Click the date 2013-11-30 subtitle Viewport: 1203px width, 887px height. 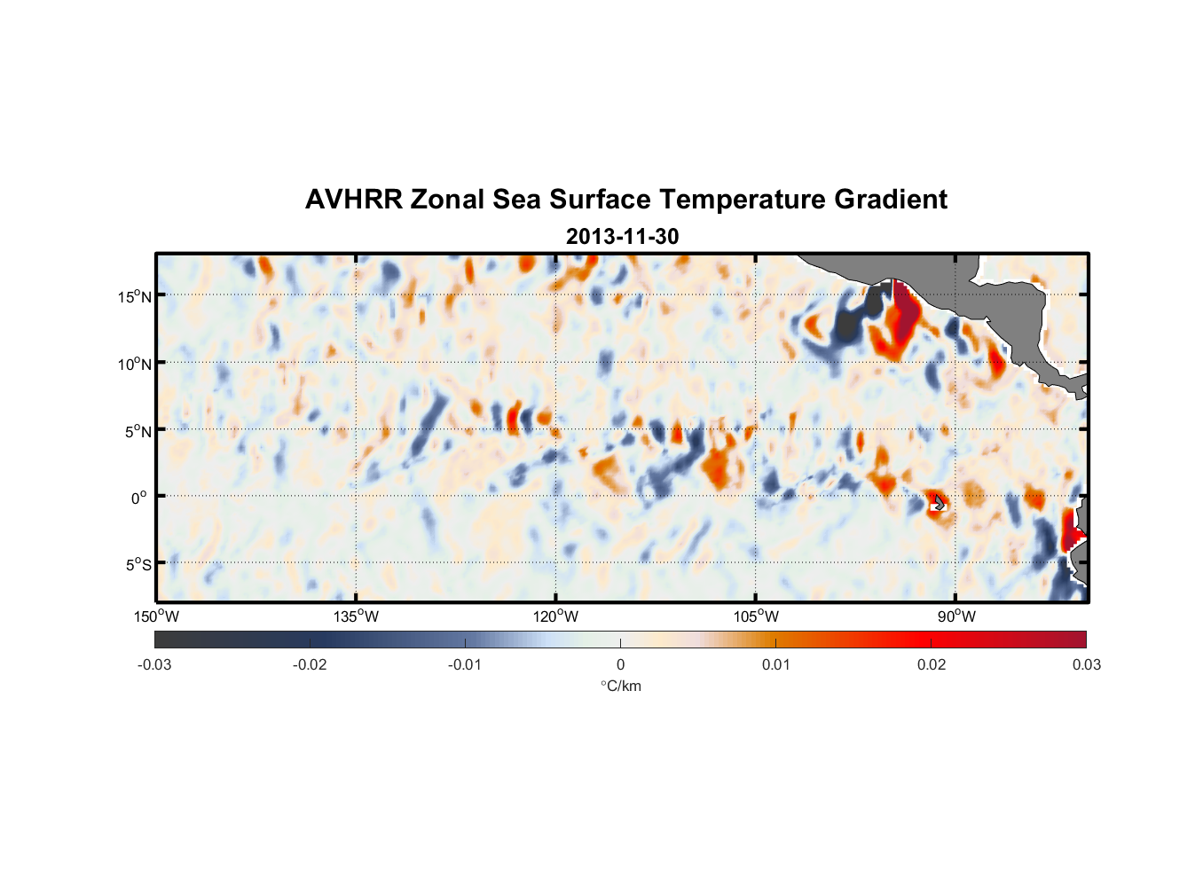click(622, 237)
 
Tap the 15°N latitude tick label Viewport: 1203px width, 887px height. click(135, 296)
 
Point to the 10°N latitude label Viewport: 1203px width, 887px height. click(135, 364)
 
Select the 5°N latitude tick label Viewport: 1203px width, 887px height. click(135, 431)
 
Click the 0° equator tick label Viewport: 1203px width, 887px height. click(138, 498)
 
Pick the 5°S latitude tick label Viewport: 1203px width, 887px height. click(135, 565)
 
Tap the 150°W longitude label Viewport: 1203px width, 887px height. click(156, 616)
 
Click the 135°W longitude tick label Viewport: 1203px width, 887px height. click(356, 616)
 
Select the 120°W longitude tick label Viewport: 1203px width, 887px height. click(555, 616)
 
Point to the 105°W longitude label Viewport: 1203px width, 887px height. click(756, 616)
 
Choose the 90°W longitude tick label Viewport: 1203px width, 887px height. click(955, 616)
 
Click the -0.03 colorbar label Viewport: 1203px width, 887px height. click(154, 664)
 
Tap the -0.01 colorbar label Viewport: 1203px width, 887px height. click(464, 664)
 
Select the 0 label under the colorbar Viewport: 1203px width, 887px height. click(620, 664)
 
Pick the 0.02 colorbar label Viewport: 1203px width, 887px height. click(932, 664)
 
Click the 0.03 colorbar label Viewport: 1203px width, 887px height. click(1086, 664)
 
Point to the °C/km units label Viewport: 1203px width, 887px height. click(620, 686)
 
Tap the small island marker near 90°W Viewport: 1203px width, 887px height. click(938, 503)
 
